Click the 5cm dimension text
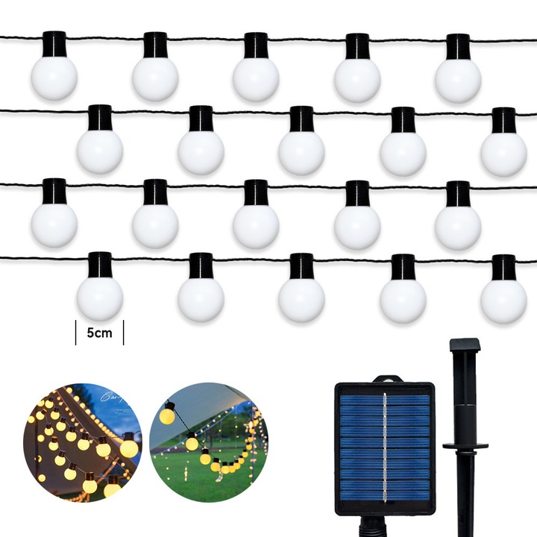99,333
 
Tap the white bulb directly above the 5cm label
99,298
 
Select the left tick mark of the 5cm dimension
76,333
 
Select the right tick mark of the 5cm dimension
123,333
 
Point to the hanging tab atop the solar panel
385,379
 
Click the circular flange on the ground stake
465,446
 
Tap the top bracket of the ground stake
465,345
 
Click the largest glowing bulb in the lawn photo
166,415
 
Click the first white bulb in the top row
54,78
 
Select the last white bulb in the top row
458,79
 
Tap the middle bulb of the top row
256,78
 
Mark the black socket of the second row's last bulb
503,119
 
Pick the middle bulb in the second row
301,151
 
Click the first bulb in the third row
54,224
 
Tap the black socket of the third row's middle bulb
256,192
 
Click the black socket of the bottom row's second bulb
201,266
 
